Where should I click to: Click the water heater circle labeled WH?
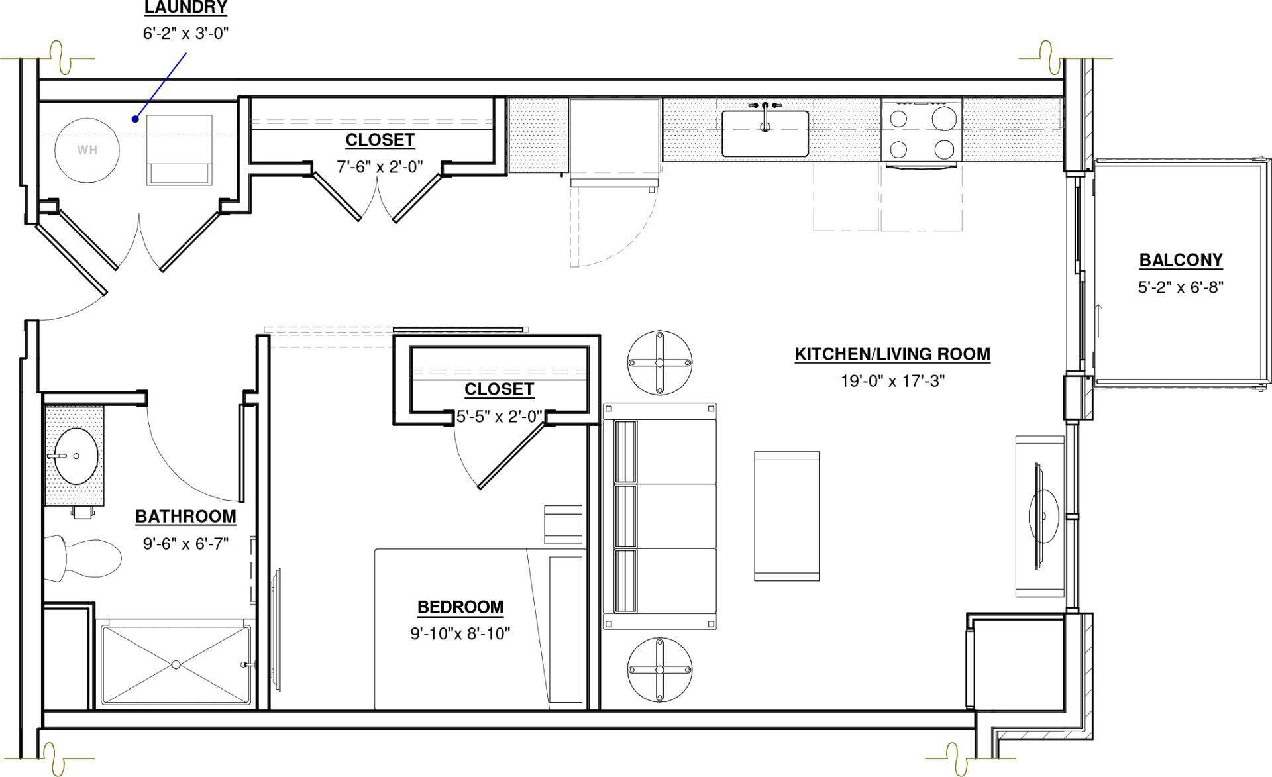pyautogui.click(x=87, y=150)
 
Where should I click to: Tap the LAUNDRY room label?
pyautogui.click(x=185, y=8)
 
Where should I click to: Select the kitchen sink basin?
pyautogui.click(x=765, y=134)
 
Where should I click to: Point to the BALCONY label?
pyautogui.click(x=1181, y=260)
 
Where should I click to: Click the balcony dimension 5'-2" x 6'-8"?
pyautogui.click(x=1181, y=287)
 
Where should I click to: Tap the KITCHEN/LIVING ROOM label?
pyautogui.click(x=892, y=354)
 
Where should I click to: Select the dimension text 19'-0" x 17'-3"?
pyautogui.click(x=892, y=381)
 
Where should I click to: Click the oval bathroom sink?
pyautogui.click(x=76, y=456)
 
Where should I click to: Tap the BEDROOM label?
pyautogui.click(x=460, y=607)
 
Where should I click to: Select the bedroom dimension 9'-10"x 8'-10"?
pyautogui.click(x=460, y=634)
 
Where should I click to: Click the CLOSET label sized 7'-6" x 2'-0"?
pyautogui.click(x=380, y=140)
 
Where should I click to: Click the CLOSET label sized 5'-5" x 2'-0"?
pyautogui.click(x=498, y=389)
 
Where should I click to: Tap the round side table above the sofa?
pyautogui.click(x=660, y=362)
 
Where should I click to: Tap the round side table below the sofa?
pyautogui.click(x=660, y=669)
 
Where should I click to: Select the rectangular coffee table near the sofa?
pyautogui.click(x=786, y=516)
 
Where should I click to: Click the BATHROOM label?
pyautogui.click(x=185, y=517)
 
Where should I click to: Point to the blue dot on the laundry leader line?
pyautogui.click(x=134, y=119)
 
